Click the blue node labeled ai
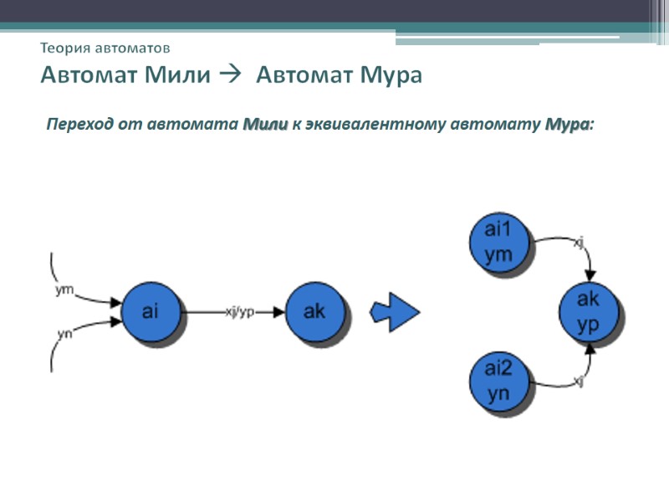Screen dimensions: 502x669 click(x=151, y=312)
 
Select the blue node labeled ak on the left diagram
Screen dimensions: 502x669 click(x=314, y=312)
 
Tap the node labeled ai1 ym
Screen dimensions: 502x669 click(x=498, y=242)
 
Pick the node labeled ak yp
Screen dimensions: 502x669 click(x=589, y=312)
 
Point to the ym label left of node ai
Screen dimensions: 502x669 click(x=64, y=290)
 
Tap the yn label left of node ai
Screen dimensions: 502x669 click(x=64, y=334)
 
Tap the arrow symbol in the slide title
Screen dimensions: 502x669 click(x=228, y=75)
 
